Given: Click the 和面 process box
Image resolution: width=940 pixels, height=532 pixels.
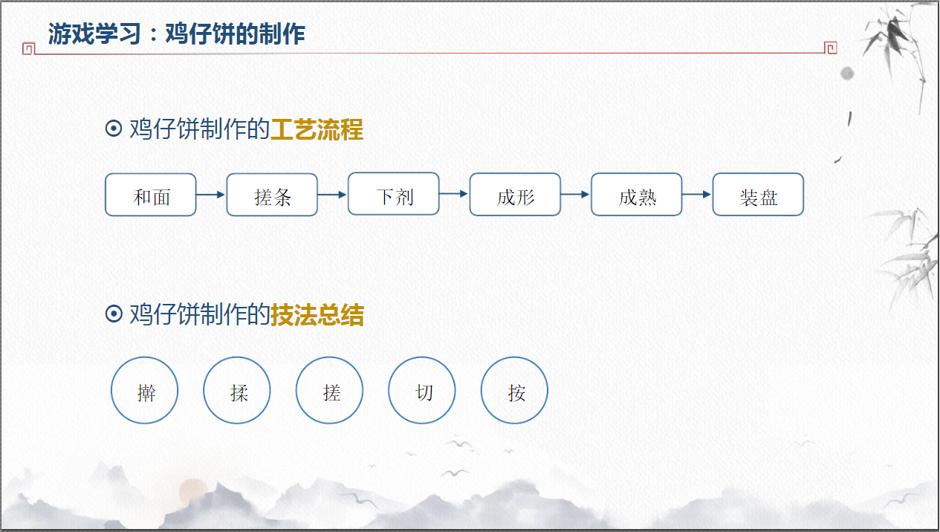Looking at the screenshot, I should coord(151,195).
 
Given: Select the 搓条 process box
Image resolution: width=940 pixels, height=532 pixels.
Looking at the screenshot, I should coord(272,195).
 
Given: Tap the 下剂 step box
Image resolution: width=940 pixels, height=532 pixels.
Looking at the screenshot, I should coord(394,194).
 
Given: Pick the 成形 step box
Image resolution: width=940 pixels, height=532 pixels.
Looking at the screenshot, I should coord(515,195).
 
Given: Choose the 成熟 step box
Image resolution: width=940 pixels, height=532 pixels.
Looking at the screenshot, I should coord(637,195).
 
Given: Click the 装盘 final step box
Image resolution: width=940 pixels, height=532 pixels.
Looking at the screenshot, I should coord(758,195).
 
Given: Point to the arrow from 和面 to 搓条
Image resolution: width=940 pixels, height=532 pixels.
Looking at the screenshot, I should coord(211,195).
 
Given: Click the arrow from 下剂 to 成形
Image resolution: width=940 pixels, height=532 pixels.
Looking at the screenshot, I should coord(454,194).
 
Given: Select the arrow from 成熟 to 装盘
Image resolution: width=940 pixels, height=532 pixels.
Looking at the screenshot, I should coord(697,195).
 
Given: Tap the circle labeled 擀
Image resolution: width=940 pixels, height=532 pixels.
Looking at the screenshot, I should coord(145,391).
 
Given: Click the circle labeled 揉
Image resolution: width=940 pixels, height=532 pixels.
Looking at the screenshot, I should coord(237,391).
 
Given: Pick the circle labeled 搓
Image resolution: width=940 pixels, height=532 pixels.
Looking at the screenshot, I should coord(330,391).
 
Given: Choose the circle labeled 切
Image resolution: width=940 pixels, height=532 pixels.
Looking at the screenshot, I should coord(422,391).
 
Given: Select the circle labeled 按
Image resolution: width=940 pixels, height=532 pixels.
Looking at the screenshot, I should coord(515,391).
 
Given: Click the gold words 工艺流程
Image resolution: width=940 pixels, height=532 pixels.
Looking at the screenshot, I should coord(317,130).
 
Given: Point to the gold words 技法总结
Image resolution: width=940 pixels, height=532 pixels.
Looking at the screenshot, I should coord(317,315).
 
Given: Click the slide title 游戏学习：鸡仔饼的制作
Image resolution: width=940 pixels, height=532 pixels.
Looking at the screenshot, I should coord(177,34).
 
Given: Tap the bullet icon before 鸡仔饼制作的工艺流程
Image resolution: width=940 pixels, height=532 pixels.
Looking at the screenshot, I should coord(114,129).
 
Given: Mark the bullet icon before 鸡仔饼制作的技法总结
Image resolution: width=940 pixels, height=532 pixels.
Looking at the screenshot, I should coord(114,314).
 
